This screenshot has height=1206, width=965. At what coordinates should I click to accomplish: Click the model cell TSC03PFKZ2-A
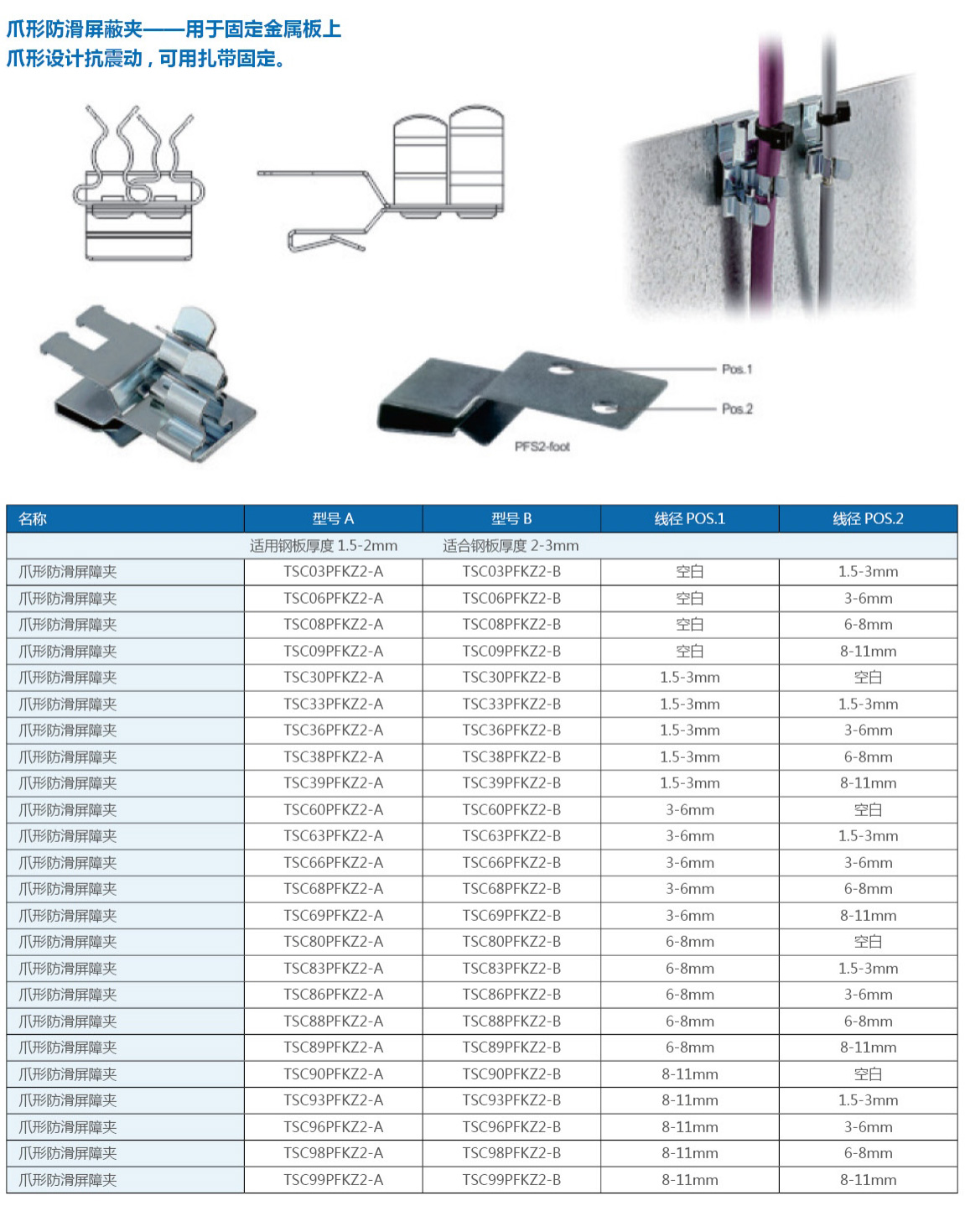pyautogui.click(x=333, y=572)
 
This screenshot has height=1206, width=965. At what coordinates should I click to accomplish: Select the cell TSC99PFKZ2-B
pyautogui.click(x=511, y=1180)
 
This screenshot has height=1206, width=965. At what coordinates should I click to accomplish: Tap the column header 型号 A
pyautogui.click(x=333, y=518)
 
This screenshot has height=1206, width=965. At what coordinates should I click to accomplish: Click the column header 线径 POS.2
pyautogui.click(x=868, y=518)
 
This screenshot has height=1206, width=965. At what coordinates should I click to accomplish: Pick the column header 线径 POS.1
pyautogui.click(x=689, y=518)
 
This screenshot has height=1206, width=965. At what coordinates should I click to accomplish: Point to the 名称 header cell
pyautogui.click(x=34, y=518)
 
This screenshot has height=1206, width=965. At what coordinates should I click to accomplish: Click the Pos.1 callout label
pyautogui.click(x=737, y=369)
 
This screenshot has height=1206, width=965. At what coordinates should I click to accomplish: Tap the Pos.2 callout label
pyautogui.click(x=737, y=408)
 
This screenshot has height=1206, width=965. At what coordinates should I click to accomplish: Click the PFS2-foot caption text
pyautogui.click(x=542, y=446)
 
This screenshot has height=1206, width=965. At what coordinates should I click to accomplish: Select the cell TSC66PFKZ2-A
pyautogui.click(x=333, y=862)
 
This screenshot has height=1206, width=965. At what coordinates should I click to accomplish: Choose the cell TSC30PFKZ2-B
pyautogui.click(x=511, y=678)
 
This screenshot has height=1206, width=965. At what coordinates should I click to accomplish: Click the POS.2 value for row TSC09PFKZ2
pyautogui.click(x=868, y=652)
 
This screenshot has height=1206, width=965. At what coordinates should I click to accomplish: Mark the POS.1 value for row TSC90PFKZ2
pyautogui.click(x=689, y=1074)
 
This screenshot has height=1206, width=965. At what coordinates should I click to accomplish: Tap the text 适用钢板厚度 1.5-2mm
pyautogui.click(x=324, y=546)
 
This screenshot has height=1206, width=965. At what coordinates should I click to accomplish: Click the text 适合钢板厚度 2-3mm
pyautogui.click(x=511, y=546)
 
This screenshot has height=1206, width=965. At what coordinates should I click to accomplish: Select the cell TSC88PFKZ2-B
pyautogui.click(x=511, y=1021)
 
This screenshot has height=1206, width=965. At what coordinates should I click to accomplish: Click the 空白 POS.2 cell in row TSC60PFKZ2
pyautogui.click(x=868, y=810)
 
